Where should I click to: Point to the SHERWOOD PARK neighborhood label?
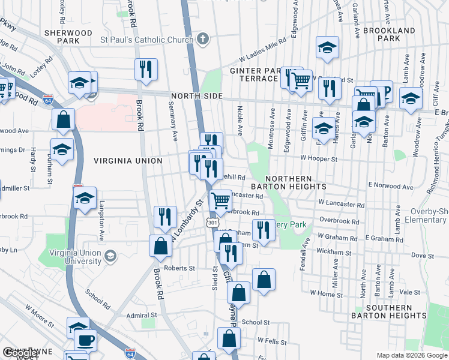click(x=68, y=37)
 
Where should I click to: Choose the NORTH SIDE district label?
click(x=196, y=97)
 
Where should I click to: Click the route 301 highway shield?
click(x=212, y=223)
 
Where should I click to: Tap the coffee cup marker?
click(x=86, y=340)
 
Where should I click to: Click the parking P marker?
click(x=384, y=91)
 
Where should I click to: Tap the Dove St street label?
click(x=423, y=256)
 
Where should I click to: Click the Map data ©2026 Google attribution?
click(x=412, y=355)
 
